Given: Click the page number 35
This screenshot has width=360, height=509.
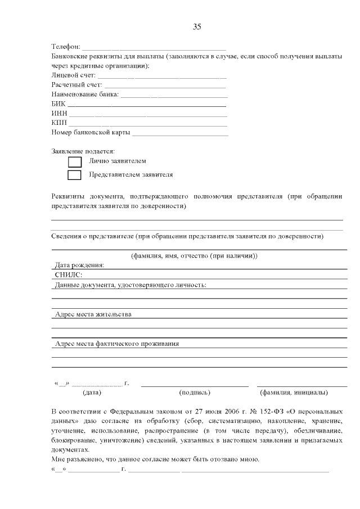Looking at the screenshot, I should click(197, 26).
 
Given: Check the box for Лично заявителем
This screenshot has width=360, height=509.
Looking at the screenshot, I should click(74, 162).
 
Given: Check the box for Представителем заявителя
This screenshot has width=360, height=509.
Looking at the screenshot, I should click(74, 175).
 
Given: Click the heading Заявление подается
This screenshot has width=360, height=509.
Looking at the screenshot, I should click(83, 151).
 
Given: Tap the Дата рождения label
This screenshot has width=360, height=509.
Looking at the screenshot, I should click(79, 265).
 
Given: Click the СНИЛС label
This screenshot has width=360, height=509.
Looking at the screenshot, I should click(69, 275).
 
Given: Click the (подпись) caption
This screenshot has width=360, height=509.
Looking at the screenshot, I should click(194, 393).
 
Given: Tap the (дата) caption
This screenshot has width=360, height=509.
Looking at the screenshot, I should click(92, 393).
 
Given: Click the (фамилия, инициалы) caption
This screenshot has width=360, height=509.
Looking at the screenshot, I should click(294, 393).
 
